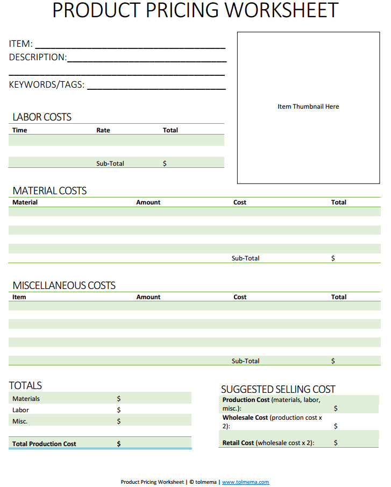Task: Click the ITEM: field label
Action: [x=20, y=44]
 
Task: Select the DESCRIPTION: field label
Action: [x=38, y=58]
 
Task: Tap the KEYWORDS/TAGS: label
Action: [x=47, y=84]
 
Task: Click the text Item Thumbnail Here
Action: [x=308, y=107]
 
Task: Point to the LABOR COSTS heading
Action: [x=42, y=117]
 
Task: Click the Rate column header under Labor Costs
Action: [x=103, y=130]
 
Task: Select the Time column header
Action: [x=19, y=130]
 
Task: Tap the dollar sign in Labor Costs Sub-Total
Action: [x=165, y=164]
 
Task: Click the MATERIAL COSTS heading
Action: [x=49, y=191]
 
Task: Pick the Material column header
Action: [x=25, y=202]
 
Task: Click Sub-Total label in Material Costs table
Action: [x=245, y=258]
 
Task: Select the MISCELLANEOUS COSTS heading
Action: [x=64, y=286]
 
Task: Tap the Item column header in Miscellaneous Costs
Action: [x=19, y=297]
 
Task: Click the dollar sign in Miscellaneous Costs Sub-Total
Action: [x=333, y=361]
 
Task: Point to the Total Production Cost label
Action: [x=44, y=444]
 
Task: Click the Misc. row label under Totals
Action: [x=20, y=421]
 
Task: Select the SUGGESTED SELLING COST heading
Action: [x=278, y=389]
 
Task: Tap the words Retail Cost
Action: [x=238, y=443]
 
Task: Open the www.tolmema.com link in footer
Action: [x=245, y=482]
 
